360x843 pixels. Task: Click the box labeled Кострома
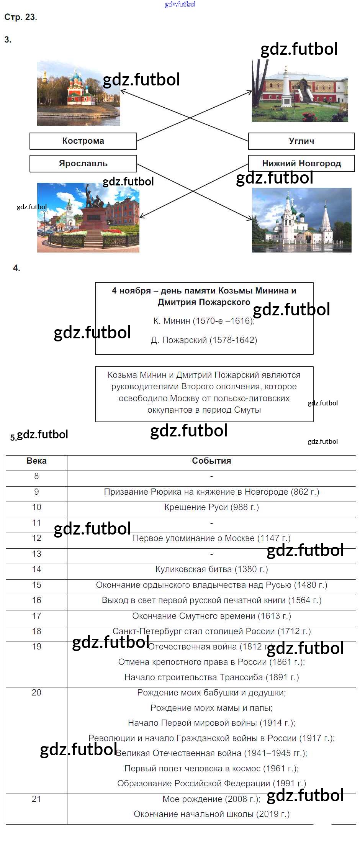click(83, 141)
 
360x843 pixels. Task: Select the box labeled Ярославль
click(83, 164)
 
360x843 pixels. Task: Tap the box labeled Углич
click(301, 141)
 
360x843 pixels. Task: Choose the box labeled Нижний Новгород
click(301, 164)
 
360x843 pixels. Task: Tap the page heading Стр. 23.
click(21, 17)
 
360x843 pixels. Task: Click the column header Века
click(36, 461)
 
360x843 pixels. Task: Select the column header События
click(211, 461)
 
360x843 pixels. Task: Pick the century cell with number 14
click(36, 569)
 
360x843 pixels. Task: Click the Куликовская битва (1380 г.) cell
click(211, 569)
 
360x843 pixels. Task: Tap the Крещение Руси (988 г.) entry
click(211, 507)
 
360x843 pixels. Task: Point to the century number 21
click(36, 799)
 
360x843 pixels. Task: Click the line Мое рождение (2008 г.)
click(211, 799)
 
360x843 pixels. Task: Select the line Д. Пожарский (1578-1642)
click(204, 340)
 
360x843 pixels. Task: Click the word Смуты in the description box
click(248, 410)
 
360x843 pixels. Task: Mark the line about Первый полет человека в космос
click(211, 769)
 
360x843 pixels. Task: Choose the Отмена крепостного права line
click(211, 662)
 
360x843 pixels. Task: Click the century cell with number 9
click(36, 492)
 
